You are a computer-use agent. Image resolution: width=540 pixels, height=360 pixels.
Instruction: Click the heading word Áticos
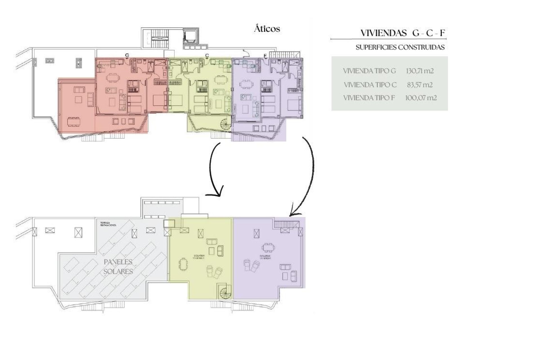(267, 29)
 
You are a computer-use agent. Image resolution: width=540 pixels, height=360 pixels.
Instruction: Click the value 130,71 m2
(419, 71)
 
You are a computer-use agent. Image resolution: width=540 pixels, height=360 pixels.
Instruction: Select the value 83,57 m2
(419, 85)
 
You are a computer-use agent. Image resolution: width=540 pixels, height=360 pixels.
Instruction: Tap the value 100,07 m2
(421, 98)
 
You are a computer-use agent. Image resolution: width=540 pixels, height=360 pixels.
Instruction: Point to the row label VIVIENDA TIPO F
(369, 98)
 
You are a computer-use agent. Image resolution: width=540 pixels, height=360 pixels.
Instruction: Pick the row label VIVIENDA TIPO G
(369, 71)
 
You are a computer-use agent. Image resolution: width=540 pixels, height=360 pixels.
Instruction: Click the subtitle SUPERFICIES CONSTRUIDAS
(400, 47)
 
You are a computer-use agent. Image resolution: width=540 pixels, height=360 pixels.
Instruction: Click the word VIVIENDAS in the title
(384, 33)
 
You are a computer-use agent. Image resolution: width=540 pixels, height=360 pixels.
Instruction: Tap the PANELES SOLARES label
(118, 267)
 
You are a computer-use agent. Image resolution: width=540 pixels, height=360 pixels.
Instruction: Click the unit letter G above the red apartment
(127, 55)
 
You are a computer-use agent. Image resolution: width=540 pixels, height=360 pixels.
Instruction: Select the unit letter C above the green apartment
(207, 55)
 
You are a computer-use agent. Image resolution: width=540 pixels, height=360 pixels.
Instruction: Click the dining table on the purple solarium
(268, 247)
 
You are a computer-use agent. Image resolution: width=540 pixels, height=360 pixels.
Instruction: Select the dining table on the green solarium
(183, 264)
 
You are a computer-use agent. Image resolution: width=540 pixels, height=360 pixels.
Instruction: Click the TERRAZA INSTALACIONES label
(108, 224)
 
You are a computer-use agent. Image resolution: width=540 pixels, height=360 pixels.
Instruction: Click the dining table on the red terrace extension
(73, 122)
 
